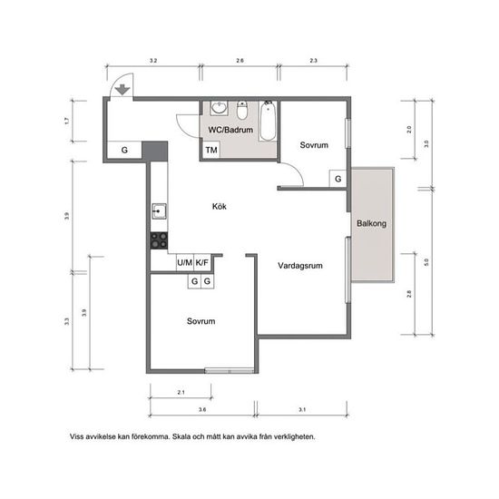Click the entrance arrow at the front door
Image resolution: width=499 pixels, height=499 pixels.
pyautogui.click(x=122, y=90)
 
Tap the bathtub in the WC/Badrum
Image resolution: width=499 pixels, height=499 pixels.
pyautogui.click(x=268, y=121)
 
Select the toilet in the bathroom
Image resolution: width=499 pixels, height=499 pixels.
pyautogui.click(x=242, y=111)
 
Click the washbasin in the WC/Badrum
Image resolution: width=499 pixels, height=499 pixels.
pyautogui.click(x=219, y=108)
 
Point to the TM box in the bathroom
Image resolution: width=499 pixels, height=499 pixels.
pyautogui.click(x=211, y=150)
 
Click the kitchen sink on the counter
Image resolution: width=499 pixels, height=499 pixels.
pyautogui.click(x=159, y=211)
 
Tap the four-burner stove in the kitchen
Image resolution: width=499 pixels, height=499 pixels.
pyautogui.click(x=159, y=240)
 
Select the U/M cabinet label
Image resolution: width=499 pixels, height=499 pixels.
pyautogui.click(x=184, y=263)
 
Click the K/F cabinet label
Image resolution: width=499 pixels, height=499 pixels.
pyautogui.click(x=201, y=263)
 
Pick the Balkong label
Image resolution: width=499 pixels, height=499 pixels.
pyautogui.click(x=371, y=223)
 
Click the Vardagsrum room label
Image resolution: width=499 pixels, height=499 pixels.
pyautogui.click(x=300, y=266)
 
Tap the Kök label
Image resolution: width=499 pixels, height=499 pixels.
pyautogui.click(x=220, y=207)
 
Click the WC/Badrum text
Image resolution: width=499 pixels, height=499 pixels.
pyautogui.click(x=230, y=130)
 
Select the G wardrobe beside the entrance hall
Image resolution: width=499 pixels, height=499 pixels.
pyautogui.click(x=124, y=150)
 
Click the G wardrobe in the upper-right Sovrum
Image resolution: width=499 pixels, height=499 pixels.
pyautogui.click(x=338, y=179)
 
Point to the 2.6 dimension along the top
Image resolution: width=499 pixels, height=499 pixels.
pyautogui.click(x=240, y=61)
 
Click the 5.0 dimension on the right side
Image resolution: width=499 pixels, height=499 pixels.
pyautogui.click(x=426, y=262)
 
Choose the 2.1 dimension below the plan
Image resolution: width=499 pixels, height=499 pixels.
pyautogui.click(x=181, y=392)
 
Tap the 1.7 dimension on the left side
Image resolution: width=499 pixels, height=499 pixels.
pyautogui.click(x=66, y=121)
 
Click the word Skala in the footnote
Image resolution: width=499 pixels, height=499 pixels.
pyautogui.click(x=181, y=436)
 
